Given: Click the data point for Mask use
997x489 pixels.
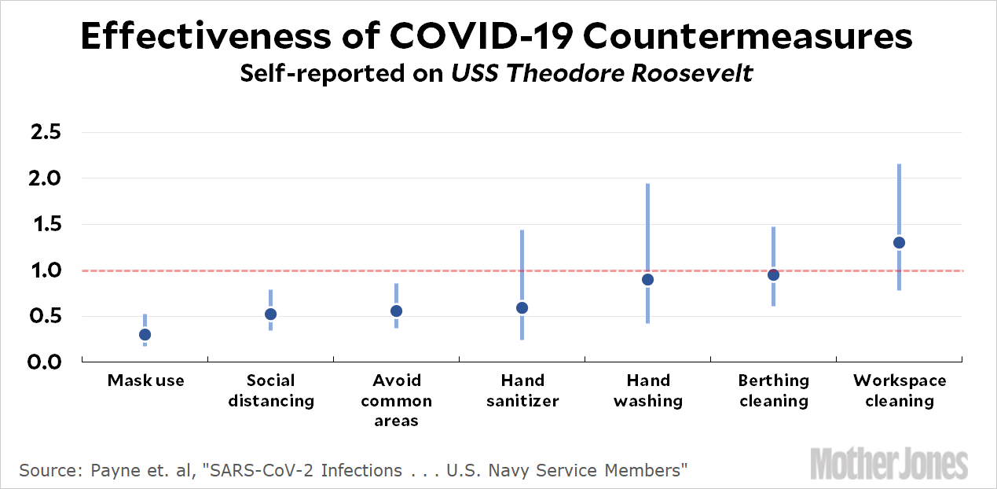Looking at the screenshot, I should (x=145, y=334).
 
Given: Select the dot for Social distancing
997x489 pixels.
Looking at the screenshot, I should (x=270, y=314).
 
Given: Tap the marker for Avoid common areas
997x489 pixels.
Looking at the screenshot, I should (x=396, y=311).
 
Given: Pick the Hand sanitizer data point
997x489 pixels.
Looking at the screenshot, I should (x=522, y=307).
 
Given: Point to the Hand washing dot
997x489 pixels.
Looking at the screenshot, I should (x=647, y=279).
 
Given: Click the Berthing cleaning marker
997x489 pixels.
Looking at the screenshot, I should (x=773, y=274).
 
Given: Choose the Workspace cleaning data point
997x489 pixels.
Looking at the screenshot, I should (x=899, y=242).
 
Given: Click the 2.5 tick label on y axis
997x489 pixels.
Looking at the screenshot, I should (x=45, y=132).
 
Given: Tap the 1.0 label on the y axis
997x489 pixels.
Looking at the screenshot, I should (x=45, y=270).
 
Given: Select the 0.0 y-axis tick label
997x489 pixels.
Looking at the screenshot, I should (x=45, y=362).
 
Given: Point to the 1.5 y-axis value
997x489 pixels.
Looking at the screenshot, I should (x=45, y=225).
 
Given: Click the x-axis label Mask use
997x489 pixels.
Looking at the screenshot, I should (x=145, y=381).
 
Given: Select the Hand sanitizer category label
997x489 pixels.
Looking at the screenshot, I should (x=522, y=391).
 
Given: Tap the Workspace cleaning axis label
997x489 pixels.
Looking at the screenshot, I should (x=900, y=391).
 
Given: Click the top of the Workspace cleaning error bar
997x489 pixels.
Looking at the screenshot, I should (x=899, y=165).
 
